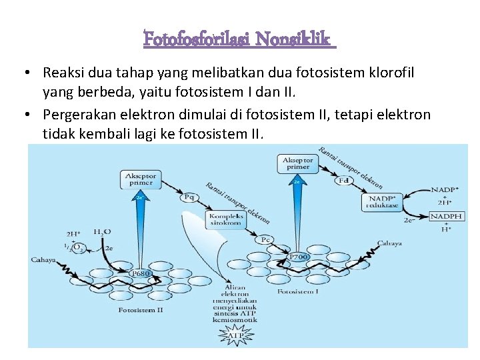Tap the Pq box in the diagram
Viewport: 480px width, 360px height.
(189, 197)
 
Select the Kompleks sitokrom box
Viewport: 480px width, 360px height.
(227, 219)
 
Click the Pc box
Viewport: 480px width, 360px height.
(266, 239)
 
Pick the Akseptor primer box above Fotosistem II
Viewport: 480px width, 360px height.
(141, 179)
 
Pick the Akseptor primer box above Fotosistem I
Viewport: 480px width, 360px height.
(297, 163)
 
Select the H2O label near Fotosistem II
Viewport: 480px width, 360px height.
(102, 231)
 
